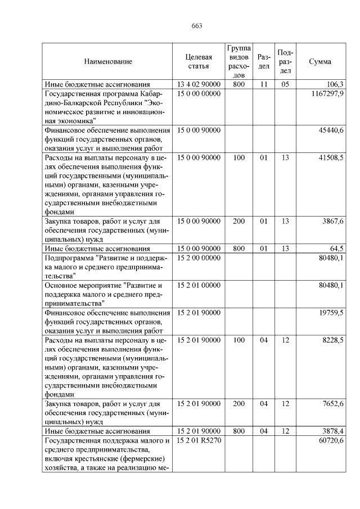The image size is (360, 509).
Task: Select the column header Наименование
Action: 108,61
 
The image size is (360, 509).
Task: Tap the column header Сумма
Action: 320,61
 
